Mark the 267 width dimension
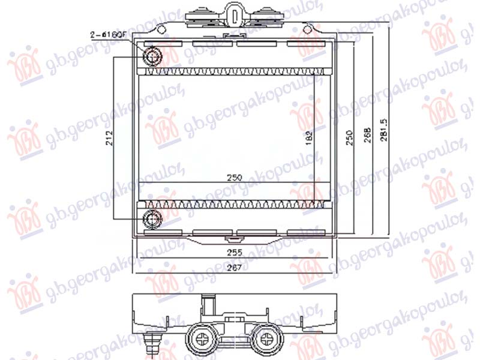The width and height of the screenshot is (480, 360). (x=233, y=268)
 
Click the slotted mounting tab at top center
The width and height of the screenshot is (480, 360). (x=234, y=13)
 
